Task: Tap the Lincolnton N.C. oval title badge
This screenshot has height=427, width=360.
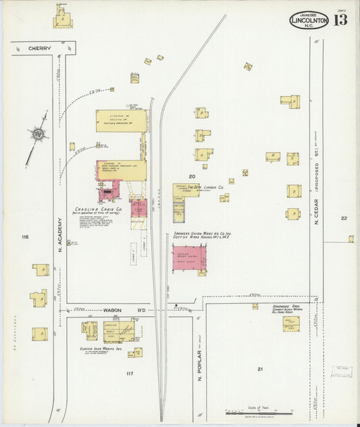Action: [x=309, y=20]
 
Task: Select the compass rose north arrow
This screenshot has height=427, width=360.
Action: [x=38, y=136]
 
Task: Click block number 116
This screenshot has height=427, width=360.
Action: [x=25, y=236]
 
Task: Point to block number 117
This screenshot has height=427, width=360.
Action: [x=129, y=373]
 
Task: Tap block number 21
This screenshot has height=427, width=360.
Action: [x=260, y=369]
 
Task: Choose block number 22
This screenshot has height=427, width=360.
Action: [x=344, y=218]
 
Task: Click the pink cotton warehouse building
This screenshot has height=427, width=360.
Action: [x=189, y=259]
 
